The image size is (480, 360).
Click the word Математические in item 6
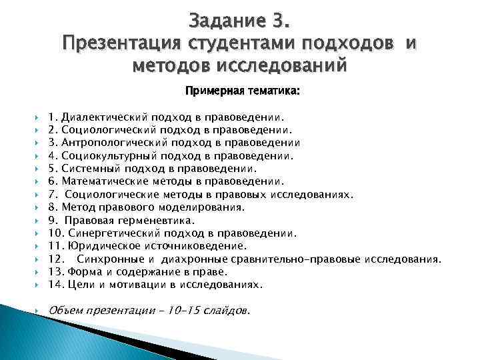(97, 181)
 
